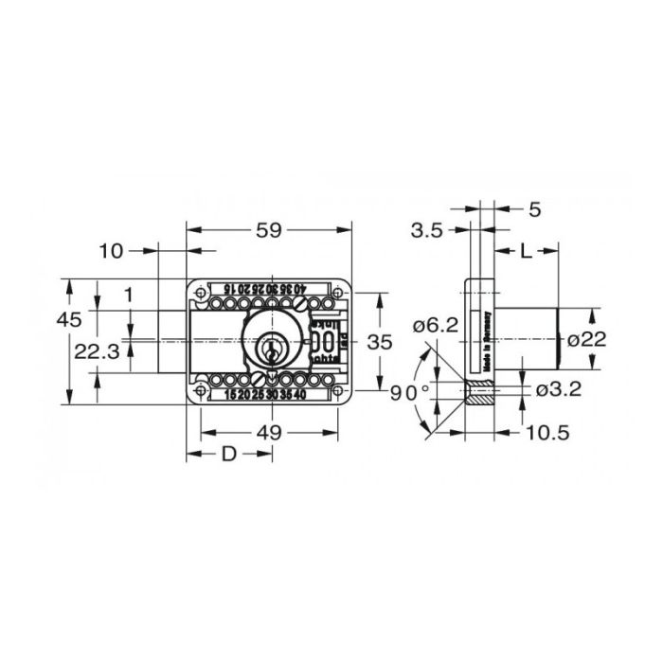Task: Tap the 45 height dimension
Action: pos(68,319)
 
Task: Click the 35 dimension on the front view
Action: pos(379,342)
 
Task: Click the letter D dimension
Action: pos(228,455)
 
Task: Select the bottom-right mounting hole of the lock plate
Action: pos(335,388)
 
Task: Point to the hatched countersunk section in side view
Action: pos(481,391)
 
